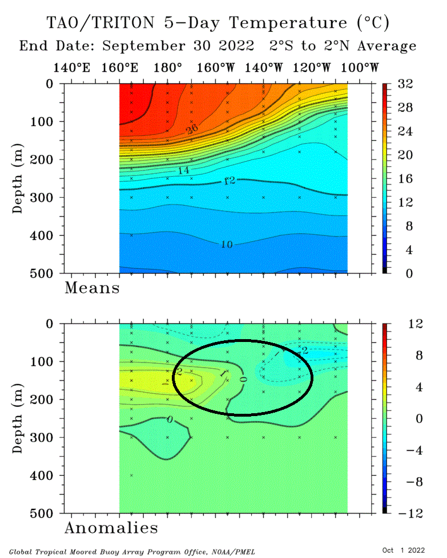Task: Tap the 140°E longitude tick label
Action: (71, 68)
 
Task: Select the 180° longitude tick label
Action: (168, 68)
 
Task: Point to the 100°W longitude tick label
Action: (360, 68)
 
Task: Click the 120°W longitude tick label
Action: (312, 68)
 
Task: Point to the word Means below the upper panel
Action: (92, 288)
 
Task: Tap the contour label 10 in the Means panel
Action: (227, 245)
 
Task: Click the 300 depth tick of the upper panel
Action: (45, 198)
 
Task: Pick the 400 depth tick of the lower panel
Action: (45, 475)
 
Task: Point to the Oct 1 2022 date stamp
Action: (404, 550)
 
